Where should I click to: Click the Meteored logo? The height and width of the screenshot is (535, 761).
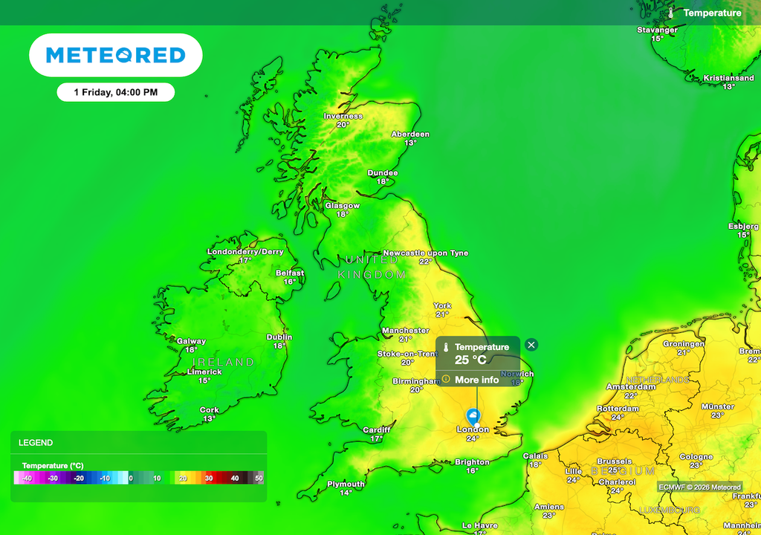(x=115, y=55)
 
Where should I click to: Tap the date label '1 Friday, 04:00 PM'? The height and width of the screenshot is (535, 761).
(x=116, y=92)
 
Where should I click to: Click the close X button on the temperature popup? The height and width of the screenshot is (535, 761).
(x=531, y=345)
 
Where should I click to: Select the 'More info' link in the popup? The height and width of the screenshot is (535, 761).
(x=476, y=380)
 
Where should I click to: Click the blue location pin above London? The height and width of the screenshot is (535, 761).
(x=471, y=416)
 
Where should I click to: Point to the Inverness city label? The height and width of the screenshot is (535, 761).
(x=343, y=116)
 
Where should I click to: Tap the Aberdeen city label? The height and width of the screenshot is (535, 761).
(x=410, y=134)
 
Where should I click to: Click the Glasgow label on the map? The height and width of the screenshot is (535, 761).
(x=342, y=206)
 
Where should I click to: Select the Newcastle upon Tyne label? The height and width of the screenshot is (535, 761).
(x=425, y=253)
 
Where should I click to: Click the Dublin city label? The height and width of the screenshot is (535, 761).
(x=279, y=337)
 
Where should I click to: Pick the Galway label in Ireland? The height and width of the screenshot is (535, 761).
(x=191, y=341)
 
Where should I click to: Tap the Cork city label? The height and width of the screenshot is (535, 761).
(x=210, y=410)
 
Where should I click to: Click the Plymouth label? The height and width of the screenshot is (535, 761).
(x=346, y=484)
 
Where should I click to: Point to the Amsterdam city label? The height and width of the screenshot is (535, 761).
(x=631, y=387)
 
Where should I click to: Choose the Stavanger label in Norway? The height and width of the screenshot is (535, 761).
(x=657, y=30)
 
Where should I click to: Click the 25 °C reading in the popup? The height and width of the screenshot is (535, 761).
(x=470, y=360)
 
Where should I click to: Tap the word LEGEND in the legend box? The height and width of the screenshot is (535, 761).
(x=36, y=443)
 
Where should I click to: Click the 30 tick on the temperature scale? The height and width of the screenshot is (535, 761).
(x=210, y=478)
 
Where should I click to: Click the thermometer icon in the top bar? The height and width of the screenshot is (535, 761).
(x=671, y=13)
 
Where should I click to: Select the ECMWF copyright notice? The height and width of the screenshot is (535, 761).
(x=699, y=487)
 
